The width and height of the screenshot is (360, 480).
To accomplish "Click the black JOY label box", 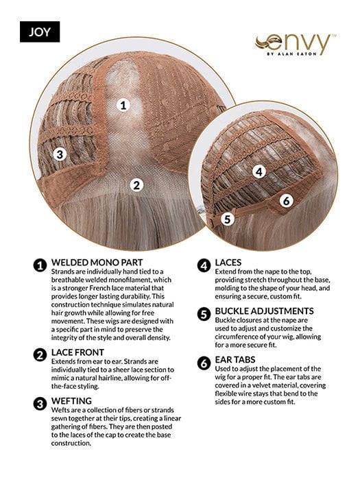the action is coord(40,32).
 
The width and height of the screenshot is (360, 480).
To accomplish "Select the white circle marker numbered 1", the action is coord(123,106).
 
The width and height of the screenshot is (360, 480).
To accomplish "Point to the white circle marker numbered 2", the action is coord(136,185).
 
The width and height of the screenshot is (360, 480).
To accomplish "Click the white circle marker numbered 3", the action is coord(60,154).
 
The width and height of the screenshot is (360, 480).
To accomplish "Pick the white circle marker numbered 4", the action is coord(259,171).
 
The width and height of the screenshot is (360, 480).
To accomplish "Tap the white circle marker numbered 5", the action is coord(227,219).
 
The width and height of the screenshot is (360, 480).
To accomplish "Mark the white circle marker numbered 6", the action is coord(286,201).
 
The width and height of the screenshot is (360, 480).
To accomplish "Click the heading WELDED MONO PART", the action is coord(97,263).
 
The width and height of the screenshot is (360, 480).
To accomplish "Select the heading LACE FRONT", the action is coord(77,352).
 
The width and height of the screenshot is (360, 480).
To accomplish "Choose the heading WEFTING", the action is coord(71,401).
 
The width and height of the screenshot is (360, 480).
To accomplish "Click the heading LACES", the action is coord(228,263).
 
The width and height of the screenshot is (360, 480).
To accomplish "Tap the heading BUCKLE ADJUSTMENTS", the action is coord(264,311).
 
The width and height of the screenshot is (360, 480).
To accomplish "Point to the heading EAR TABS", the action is coord(235,360).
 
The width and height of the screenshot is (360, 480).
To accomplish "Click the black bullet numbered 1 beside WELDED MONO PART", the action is coord(40,265).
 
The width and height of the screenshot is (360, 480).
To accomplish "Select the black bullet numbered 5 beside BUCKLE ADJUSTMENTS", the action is coord(204,314).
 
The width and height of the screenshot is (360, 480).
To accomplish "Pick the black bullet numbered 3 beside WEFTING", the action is coord(40,404).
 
